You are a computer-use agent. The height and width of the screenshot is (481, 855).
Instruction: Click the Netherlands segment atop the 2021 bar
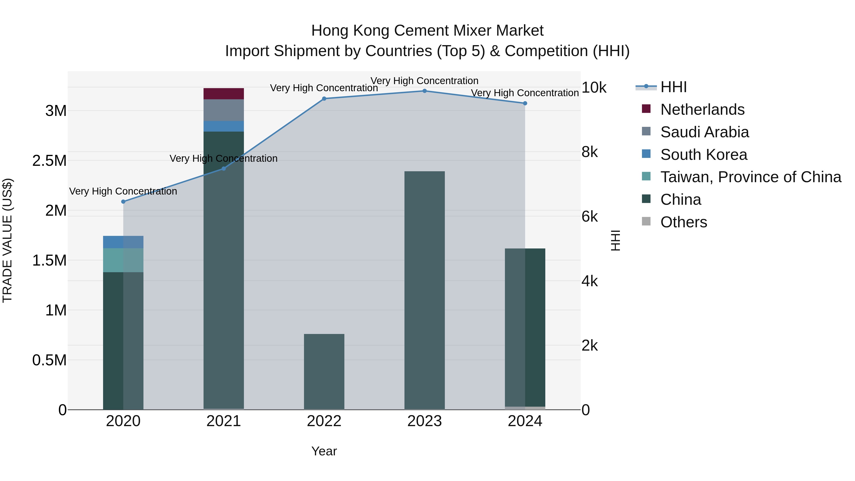[x=223, y=94]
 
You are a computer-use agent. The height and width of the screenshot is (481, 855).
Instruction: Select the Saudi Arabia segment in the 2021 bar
[x=223, y=110]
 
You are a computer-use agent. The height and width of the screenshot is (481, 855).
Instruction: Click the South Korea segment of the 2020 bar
[x=123, y=242]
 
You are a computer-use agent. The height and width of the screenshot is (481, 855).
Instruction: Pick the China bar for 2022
[x=324, y=371]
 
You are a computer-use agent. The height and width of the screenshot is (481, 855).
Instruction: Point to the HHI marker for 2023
[x=424, y=91]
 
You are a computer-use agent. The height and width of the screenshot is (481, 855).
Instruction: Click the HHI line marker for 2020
[x=123, y=201]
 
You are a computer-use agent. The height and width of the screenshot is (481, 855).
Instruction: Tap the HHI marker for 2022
[x=324, y=99]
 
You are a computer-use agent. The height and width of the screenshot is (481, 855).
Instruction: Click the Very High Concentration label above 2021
[x=223, y=159]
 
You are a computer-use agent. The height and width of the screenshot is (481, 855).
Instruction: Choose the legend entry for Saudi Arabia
[x=704, y=132]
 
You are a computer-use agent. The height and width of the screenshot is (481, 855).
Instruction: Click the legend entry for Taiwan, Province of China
[x=750, y=177]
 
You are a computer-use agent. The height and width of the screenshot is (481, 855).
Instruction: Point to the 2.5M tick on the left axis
[x=49, y=161]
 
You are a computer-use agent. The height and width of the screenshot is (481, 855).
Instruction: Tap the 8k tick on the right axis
[x=589, y=152]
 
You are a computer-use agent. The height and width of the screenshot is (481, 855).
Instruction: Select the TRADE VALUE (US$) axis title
[x=7, y=240]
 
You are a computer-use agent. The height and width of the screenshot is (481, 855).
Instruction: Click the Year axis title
[x=324, y=451]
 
